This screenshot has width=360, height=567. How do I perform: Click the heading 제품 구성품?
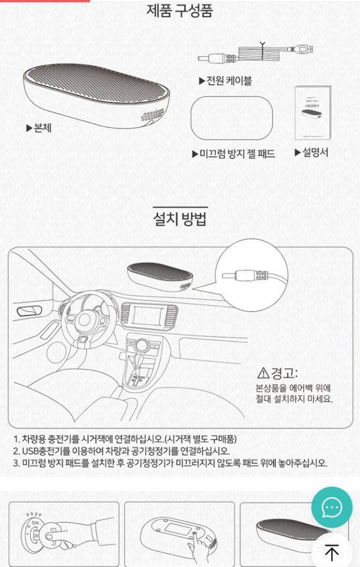pyautogui.click(x=179, y=11)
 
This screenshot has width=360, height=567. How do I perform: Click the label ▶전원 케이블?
pyautogui.click(x=225, y=81)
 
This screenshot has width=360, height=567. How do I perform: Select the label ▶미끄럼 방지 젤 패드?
pyautogui.click(x=233, y=153)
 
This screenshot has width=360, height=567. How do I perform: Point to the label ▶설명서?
pyautogui.click(x=311, y=152)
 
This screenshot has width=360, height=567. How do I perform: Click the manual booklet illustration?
pyautogui.click(x=313, y=113)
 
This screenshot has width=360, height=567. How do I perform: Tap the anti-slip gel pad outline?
pyautogui.click(x=231, y=117)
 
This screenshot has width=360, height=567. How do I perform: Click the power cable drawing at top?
pyautogui.click(x=258, y=54)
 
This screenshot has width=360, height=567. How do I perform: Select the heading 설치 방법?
pyautogui.click(x=179, y=219)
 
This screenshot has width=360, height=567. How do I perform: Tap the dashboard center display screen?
pyautogui.click(x=147, y=316)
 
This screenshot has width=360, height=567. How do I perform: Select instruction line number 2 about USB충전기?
pyautogui.click(x=121, y=451)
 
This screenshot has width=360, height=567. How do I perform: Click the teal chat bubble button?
pyautogui.click(x=332, y=507)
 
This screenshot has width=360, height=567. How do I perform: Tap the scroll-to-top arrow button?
pyautogui.click(x=332, y=552)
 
